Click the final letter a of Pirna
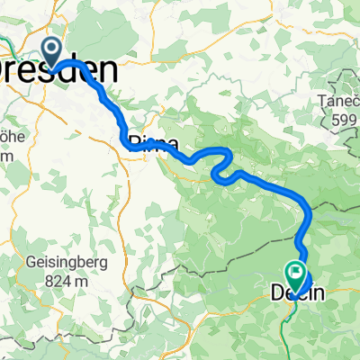click(x=171, y=143)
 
